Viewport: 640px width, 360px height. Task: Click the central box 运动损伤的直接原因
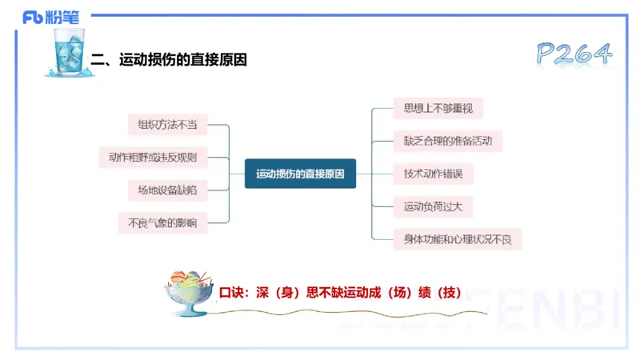click(300, 174)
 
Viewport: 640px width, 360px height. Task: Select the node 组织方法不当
click(167, 125)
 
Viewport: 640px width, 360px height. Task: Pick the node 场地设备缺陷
click(167, 190)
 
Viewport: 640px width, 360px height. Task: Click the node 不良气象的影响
click(162, 222)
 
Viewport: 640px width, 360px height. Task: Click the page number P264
click(574, 54)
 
